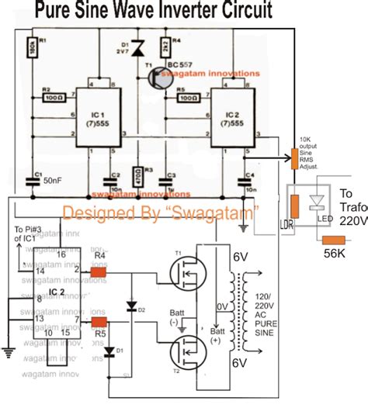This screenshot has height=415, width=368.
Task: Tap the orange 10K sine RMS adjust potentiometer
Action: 295,155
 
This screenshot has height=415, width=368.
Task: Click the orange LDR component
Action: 294,208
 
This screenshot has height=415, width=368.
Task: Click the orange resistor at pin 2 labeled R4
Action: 99,272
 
